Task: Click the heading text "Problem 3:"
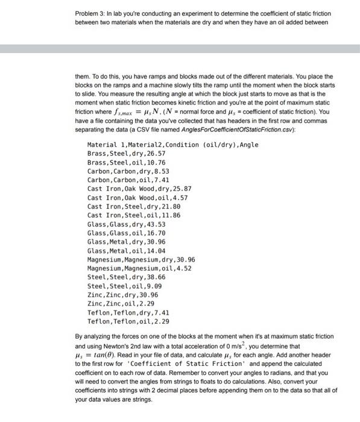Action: [91, 13]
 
